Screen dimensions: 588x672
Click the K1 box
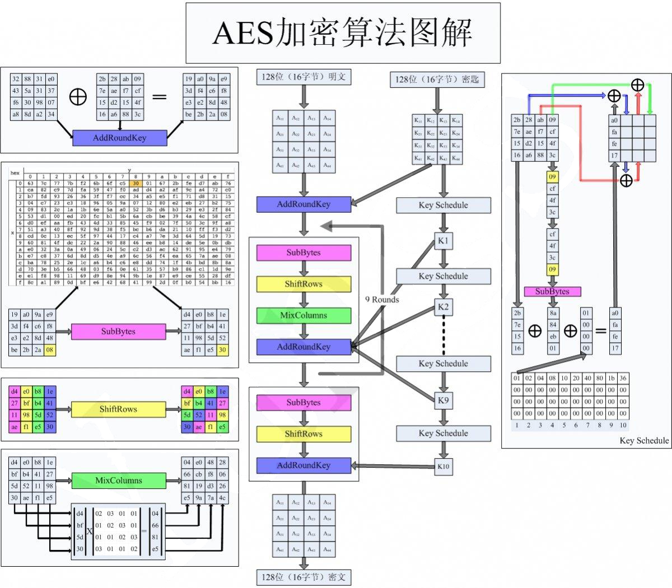[x=444, y=241]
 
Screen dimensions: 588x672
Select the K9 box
[x=444, y=400]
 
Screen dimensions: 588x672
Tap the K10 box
[x=444, y=466]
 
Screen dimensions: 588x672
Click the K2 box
[x=444, y=307]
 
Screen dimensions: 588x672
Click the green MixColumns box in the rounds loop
[x=304, y=315]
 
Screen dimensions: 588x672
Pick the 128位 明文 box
[x=304, y=77]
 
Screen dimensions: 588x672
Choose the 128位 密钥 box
[x=437, y=80]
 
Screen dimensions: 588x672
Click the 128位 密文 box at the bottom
[x=304, y=577]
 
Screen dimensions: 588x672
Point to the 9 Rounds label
[x=382, y=300]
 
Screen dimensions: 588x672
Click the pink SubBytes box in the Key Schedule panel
[x=552, y=291]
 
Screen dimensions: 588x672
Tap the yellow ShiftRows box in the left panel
[x=118, y=409]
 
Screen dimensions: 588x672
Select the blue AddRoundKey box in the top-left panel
[x=119, y=138]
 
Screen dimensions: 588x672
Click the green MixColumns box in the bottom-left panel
[x=118, y=480]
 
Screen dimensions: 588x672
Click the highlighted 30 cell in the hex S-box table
[x=135, y=183]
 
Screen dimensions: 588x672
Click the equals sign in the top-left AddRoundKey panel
[x=160, y=97]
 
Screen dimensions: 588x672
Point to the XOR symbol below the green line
[x=637, y=85]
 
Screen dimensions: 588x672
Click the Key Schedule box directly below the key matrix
[x=443, y=205]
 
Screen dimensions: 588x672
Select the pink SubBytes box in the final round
[x=304, y=403]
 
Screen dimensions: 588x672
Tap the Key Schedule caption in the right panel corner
[x=643, y=441]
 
